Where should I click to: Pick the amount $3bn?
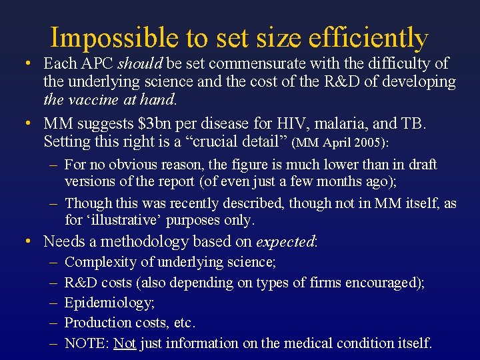189,123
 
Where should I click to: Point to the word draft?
421,164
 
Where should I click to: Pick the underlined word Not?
125,343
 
